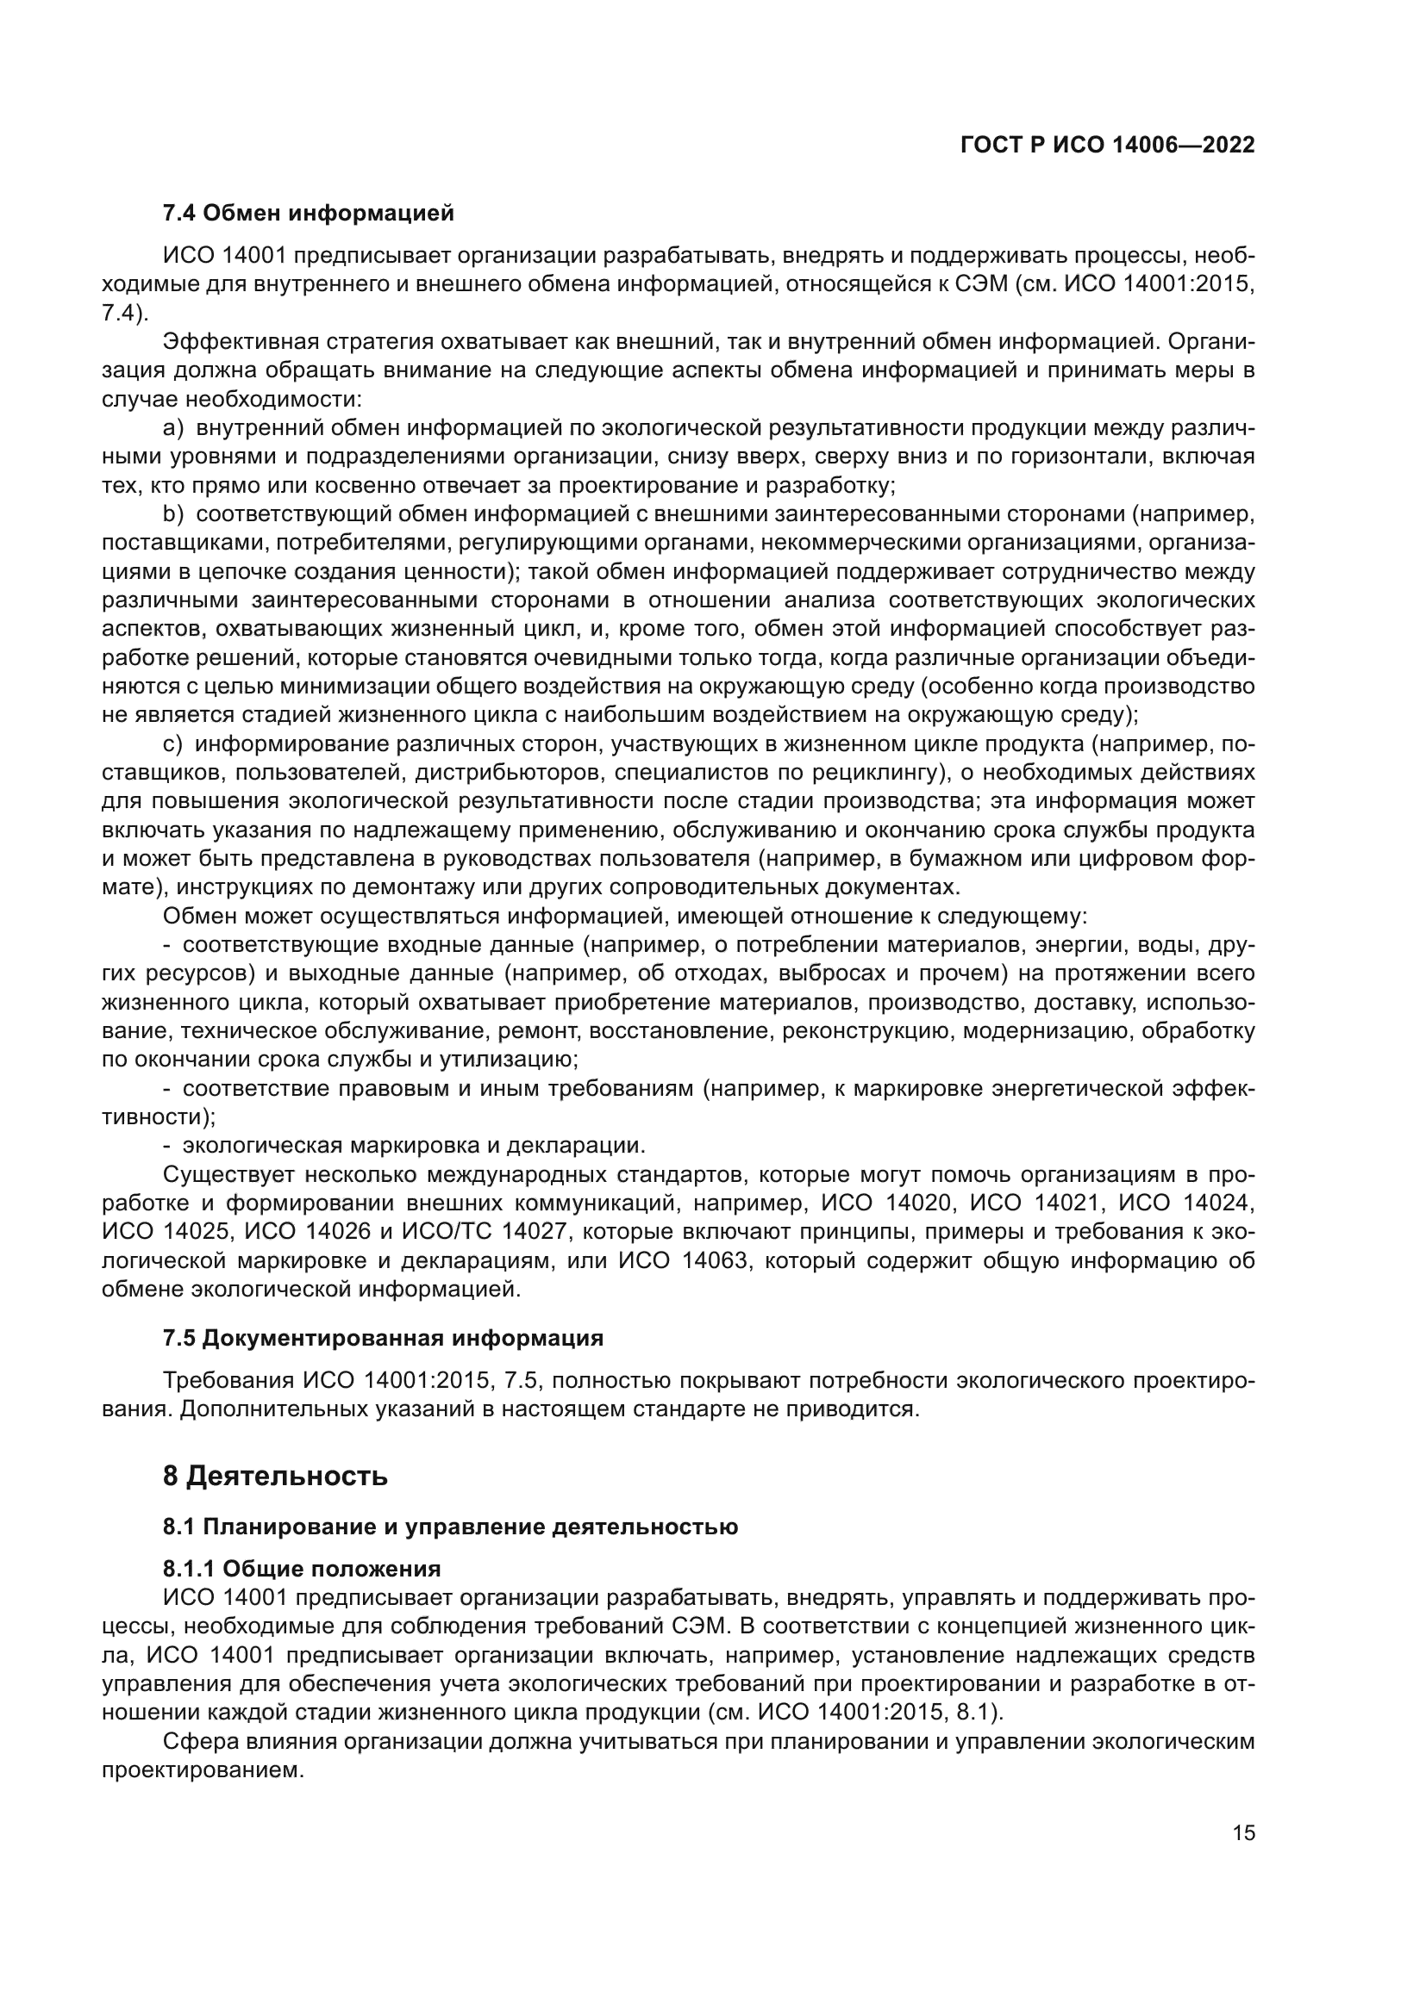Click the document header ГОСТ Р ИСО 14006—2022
click(x=1107, y=146)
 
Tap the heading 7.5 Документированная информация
click(x=383, y=1339)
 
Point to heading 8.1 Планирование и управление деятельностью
click(x=449, y=1527)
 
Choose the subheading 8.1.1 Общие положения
click(x=301, y=1569)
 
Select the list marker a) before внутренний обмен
click(x=173, y=428)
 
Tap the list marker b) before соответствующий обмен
click(x=173, y=514)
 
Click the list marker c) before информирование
click(x=172, y=745)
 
